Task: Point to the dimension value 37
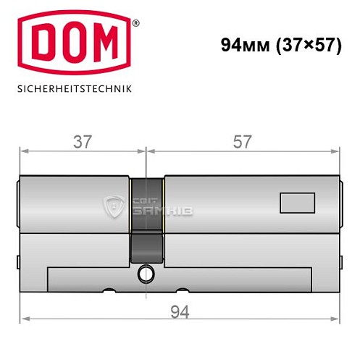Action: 83,142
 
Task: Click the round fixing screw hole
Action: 147,274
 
